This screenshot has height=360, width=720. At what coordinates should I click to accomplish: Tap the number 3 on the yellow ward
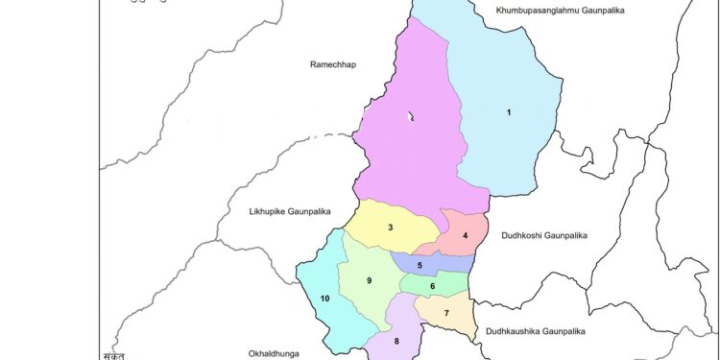(390, 228)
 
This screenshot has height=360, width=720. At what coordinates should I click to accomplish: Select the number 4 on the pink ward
(465, 236)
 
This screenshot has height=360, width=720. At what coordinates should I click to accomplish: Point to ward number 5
(420, 265)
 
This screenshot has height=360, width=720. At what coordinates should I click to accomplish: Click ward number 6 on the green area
(433, 286)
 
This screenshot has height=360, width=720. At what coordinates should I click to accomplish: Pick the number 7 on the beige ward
(446, 313)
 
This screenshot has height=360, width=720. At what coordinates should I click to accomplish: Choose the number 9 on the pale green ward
(369, 280)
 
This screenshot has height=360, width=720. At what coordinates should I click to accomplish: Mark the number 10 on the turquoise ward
(324, 300)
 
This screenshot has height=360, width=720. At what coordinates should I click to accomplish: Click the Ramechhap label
(332, 65)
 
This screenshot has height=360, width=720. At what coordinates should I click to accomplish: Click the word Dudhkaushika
(517, 330)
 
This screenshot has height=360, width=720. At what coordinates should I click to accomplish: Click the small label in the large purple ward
(411, 117)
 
